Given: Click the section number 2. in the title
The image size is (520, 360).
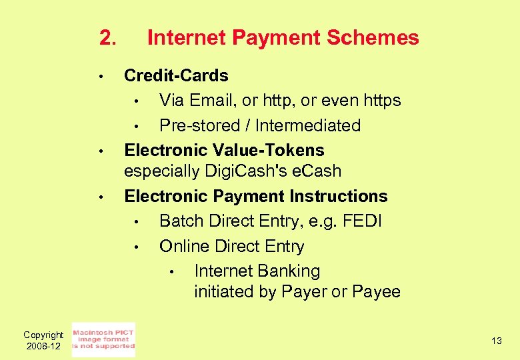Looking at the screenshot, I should coord(108,38).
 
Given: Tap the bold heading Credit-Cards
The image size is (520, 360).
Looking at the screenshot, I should coord(176,76).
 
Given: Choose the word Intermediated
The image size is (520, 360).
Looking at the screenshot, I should coord(307,126).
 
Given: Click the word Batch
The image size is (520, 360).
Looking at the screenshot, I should coord(181,221).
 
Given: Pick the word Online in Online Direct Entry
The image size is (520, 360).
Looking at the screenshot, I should coord(184,247).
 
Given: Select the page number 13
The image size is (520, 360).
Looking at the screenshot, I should coord(497,341).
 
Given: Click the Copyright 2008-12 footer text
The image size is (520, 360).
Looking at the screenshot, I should coord(43,341).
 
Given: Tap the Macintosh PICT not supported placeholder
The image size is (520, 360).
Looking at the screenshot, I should coord(103,340).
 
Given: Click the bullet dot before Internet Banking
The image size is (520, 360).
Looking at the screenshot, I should coord(171,272).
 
